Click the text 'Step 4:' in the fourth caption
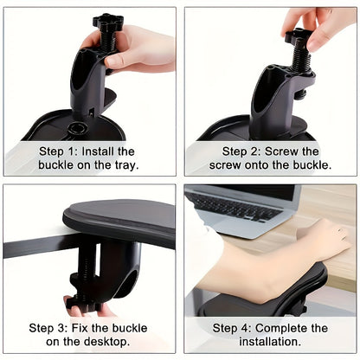point(236,328)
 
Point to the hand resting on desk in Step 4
point(325,238)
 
